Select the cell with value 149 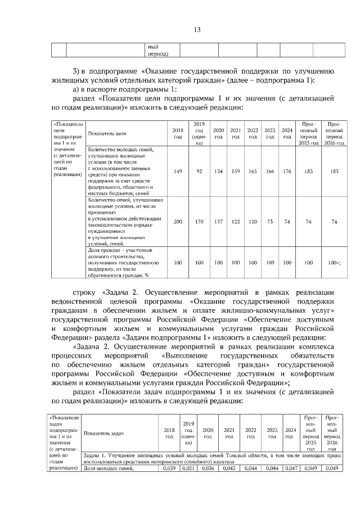pyautogui.click(x=178, y=171)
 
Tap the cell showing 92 pyautogui.click(x=199, y=171)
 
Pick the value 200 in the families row pyautogui.click(x=178, y=222)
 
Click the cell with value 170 pyautogui.click(x=199, y=222)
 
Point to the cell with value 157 pyautogui.click(x=218, y=222)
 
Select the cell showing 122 pyautogui.click(x=236, y=222)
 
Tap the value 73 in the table pyautogui.click(x=270, y=222)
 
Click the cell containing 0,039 pyautogui.click(x=169, y=468)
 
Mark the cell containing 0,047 pyautogui.click(x=290, y=468)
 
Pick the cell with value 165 pyautogui.click(x=253, y=171)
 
